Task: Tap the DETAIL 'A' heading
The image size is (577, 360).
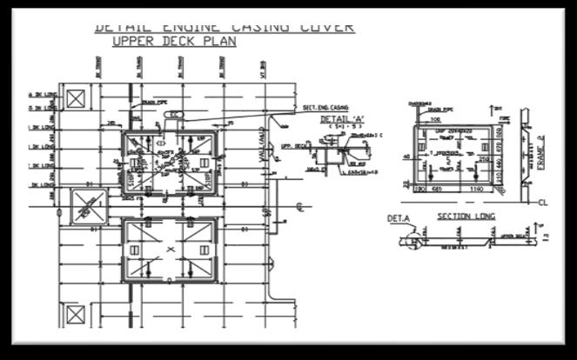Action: click(345, 118)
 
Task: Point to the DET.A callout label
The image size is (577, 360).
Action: click(398, 219)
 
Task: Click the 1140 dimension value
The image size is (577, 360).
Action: click(477, 189)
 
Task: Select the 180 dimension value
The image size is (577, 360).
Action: click(418, 189)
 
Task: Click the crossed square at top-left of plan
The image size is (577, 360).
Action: click(76, 98)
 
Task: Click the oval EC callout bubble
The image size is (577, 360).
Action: click(174, 115)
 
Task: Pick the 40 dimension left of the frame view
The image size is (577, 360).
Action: click(406, 157)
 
